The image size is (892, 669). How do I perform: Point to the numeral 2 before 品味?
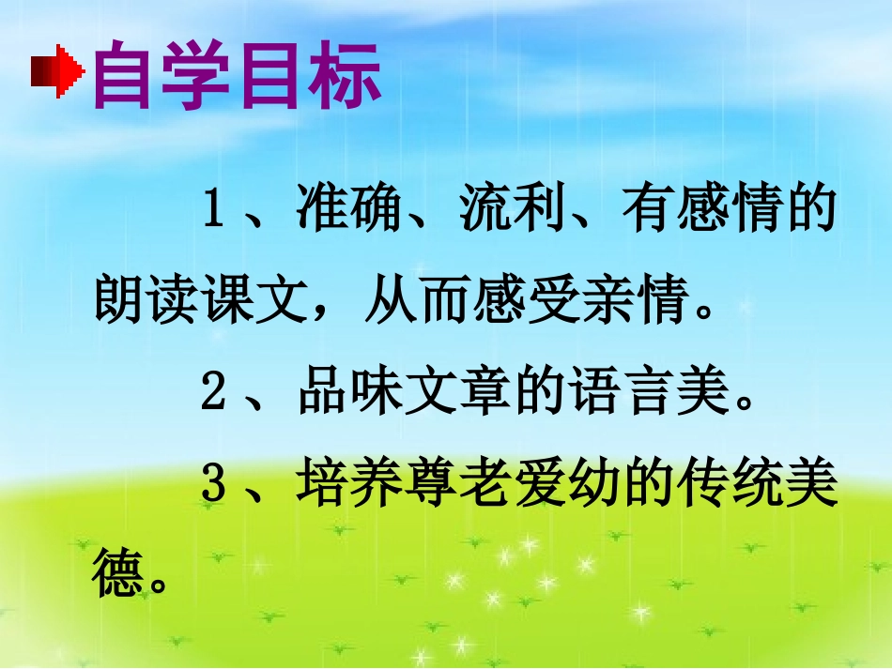213,396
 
